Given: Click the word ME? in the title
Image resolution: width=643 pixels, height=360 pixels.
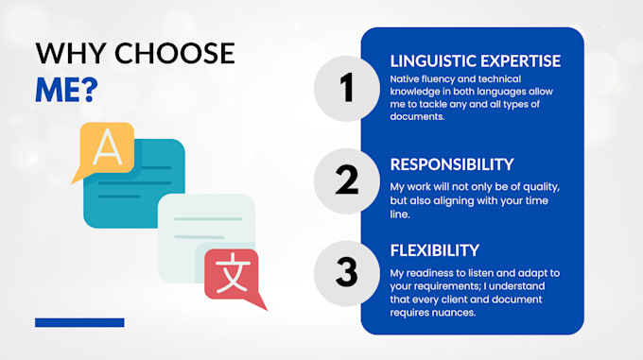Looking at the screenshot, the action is [x=66, y=90].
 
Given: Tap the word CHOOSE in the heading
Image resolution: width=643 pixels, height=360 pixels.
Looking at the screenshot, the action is [x=174, y=53].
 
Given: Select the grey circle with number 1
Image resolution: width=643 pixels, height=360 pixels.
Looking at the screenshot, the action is [x=346, y=88].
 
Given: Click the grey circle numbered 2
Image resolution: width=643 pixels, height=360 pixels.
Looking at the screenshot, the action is [x=346, y=180].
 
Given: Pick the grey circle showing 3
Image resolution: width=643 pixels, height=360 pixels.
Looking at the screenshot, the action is [x=346, y=273].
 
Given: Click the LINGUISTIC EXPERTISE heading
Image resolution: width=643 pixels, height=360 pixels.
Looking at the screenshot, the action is [x=476, y=61].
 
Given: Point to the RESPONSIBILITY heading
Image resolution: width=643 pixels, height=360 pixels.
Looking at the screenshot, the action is [x=452, y=164].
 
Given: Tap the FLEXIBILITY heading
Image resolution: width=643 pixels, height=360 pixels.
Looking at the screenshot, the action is [x=435, y=250].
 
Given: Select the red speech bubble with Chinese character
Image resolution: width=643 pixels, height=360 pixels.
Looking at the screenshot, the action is [x=234, y=277].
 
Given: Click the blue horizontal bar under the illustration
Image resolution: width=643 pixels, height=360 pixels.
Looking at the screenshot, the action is [x=79, y=322].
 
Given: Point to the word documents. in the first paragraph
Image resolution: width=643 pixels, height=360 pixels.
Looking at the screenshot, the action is [x=417, y=117].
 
